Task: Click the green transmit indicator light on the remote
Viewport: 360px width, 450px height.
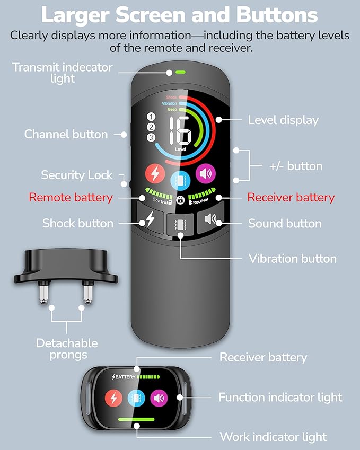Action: tap(180, 72)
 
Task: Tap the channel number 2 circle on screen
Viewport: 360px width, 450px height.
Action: tap(151, 127)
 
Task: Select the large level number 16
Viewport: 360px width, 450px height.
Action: tap(180, 130)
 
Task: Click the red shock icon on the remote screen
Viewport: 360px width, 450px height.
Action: tap(155, 174)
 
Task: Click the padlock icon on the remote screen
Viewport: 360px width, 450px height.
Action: tap(180, 200)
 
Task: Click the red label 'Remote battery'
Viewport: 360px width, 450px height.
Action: tap(71, 198)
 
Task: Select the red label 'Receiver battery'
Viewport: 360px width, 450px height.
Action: tap(291, 198)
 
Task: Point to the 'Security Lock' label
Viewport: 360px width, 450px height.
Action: tap(77, 175)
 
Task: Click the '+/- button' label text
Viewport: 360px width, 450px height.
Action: tap(296, 166)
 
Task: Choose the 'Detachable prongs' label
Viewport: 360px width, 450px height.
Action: tap(67, 349)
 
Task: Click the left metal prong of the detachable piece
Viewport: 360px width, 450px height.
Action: tap(44, 292)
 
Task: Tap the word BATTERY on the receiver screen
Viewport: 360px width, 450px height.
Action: tap(125, 377)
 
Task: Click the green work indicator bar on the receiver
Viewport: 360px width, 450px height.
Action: tap(136, 419)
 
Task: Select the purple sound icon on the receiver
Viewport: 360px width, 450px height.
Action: tap(159, 398)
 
